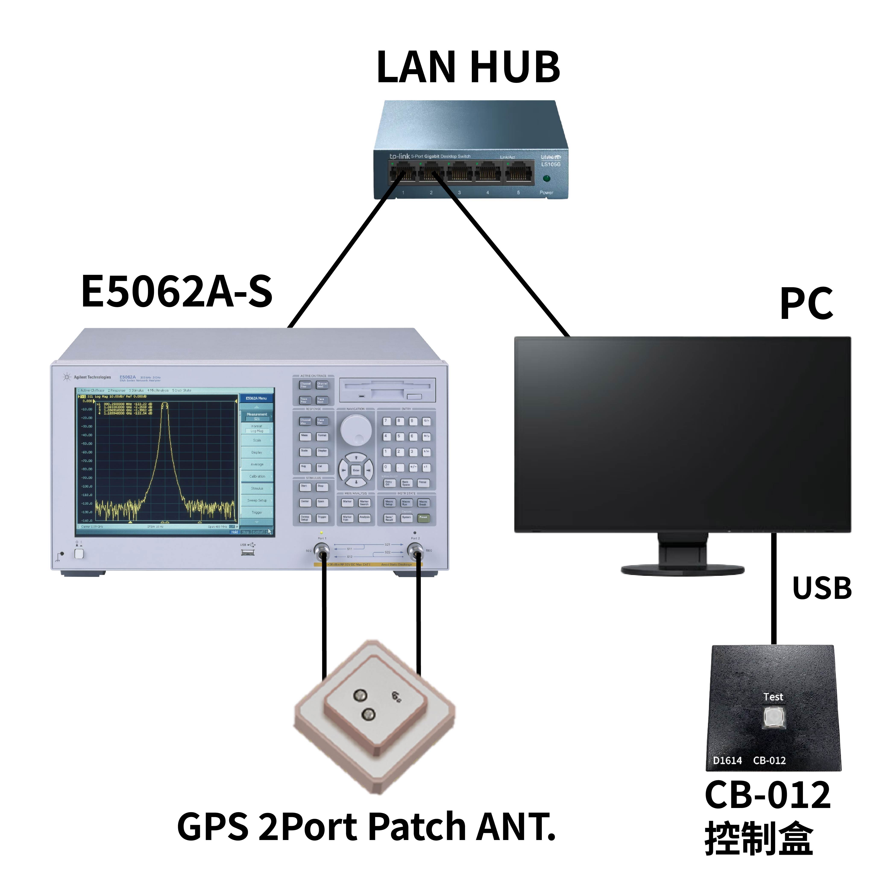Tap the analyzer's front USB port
click(x=247, y=552)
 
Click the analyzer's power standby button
click(x=79, y=553)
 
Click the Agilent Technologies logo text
click(x=92, y=377)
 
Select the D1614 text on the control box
click(x=727, y=761)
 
